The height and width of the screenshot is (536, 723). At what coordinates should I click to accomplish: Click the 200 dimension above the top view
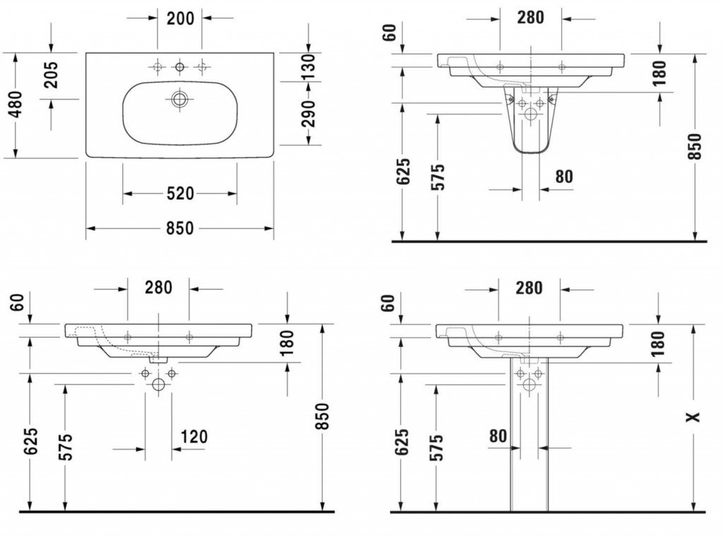(x=180, y=18)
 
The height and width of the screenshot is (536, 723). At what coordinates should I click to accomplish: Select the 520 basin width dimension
(x=180, y=193)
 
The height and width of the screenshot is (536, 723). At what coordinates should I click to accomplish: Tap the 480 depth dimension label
(x=16, y=104)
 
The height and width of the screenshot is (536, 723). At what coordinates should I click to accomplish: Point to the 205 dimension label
(x=51, y=75)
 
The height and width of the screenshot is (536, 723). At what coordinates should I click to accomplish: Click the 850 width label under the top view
(x=180, y=229)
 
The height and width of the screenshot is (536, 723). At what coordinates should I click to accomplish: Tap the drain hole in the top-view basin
(x=179, y=99)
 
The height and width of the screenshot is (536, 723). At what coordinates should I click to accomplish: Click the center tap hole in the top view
(x=180, y=68)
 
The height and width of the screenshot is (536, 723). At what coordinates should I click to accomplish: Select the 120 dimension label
(x=193, y=436)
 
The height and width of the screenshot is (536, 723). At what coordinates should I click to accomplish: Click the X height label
(x=693, y=418)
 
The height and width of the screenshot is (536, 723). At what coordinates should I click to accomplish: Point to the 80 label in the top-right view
(x=563, y=176)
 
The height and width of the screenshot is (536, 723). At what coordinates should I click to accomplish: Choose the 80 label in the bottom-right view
(x=498, y=436)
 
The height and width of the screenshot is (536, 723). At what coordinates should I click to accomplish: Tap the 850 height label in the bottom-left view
(x=323, y=416)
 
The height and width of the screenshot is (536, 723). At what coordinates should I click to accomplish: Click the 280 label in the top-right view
(x=530, y=18)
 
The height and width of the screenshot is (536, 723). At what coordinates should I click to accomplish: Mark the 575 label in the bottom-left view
(x=66, y=446)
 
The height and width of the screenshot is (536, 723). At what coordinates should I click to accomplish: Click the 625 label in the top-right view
(x=403, y=171)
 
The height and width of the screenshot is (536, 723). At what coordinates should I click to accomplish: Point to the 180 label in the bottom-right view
(x=658, y=343)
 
